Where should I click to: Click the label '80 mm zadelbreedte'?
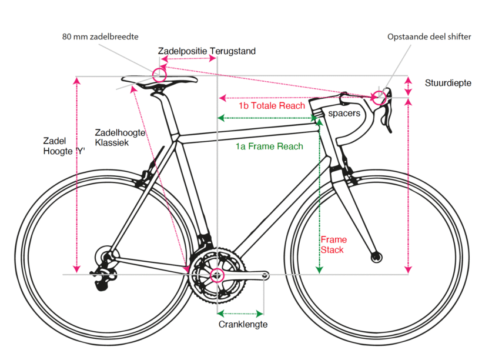[101, 36]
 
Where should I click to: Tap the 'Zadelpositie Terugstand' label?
[207, 51]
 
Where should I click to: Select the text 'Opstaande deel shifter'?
[429, 36]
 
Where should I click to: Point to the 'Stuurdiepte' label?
[448, 83]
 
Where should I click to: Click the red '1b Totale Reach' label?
[272, 106]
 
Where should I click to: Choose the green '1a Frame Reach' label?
[269, 146]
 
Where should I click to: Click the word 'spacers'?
[344, 113]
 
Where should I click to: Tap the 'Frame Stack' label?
[333, 245]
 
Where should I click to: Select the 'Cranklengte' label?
[243, 324]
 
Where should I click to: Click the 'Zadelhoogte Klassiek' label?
[120, 138]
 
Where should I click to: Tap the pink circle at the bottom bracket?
[217, 275]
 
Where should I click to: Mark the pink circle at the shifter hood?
[380, 97]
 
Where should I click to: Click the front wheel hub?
[376, 256]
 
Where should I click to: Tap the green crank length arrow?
[240, 312]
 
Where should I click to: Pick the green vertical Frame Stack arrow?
[319, 194]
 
